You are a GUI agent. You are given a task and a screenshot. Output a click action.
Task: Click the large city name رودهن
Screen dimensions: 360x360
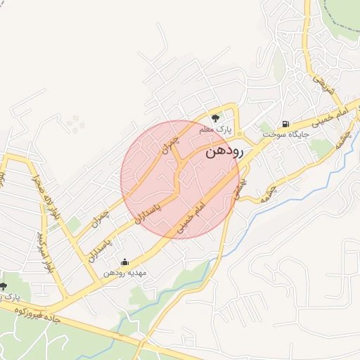[224, 150]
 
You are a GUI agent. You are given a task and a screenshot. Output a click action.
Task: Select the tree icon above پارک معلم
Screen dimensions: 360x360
[215, 117]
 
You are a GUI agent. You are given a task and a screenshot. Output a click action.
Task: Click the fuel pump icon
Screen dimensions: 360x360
[285, 121]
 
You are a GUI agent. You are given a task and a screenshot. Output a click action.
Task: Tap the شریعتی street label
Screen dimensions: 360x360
[321, 85]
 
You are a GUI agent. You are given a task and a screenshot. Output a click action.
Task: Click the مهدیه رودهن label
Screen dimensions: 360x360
[124, 273]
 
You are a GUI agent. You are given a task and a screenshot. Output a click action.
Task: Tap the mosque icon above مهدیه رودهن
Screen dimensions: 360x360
[125, 262]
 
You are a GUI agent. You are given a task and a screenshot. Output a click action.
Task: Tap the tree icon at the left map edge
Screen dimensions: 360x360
[4, 286]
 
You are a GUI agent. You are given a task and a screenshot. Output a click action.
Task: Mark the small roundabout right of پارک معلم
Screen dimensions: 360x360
[239, 134]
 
